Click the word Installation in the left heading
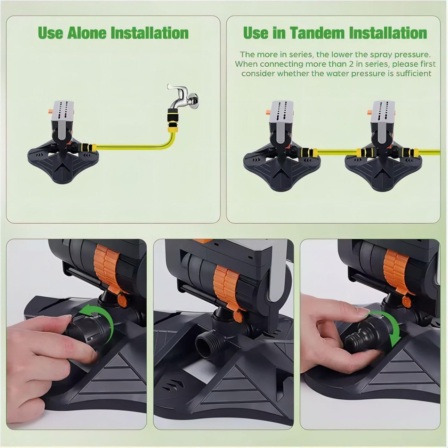tap(150, 33)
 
